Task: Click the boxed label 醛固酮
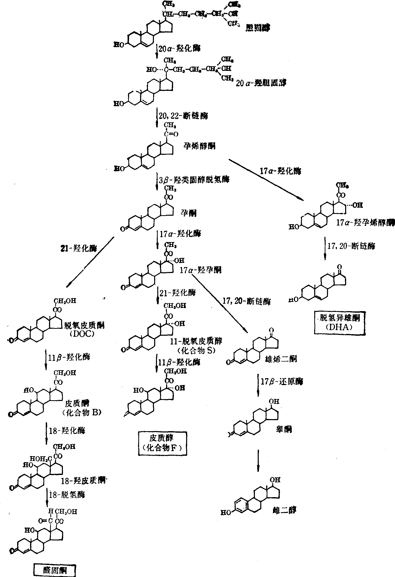[x=55, y=570]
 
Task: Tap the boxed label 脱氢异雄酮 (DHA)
[x=340, y=322]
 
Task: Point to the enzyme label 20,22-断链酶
[x=183, y=116]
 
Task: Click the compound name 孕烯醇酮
[x=199, y=146]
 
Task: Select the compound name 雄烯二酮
[x=280, y=359]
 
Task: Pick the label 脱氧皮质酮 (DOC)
[x=81, y=329]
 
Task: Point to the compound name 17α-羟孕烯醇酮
[x=365, y=222]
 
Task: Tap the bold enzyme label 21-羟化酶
[x=79, y=248]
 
